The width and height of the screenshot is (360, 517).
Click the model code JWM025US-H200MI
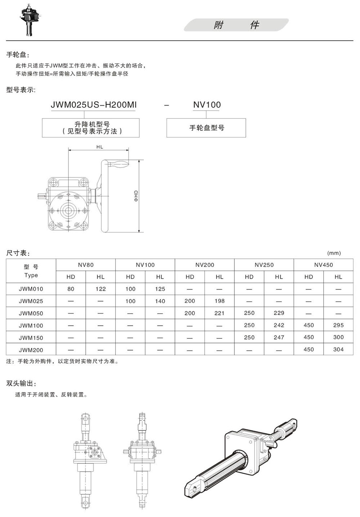tap(94, 105)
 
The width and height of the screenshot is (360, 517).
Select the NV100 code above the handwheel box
tap(207, 105)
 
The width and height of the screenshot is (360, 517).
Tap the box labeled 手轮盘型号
tap(206, 128)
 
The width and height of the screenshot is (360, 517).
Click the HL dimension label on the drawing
tap(100, 147)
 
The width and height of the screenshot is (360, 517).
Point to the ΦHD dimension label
tap(136, 196)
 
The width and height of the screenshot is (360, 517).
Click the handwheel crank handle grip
tap(117, 164)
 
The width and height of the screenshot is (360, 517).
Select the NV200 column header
tap(205, 265)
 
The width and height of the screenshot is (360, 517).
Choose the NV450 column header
tap(324, 265)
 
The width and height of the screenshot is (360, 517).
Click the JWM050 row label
tap(31, 313)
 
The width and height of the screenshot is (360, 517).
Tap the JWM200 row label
tap(31, 350)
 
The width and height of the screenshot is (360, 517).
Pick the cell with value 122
tap(100, 289)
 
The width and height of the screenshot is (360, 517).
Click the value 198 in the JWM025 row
tap(220, 301)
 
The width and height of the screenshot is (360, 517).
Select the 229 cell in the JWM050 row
tap(279, 313)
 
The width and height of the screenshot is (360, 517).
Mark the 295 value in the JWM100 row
tap(338, 325)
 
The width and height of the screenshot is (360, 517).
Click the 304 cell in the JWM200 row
tap(338, 350)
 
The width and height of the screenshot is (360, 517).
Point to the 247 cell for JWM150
tap(279, 337)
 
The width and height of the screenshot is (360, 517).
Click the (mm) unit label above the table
tap(334, 253)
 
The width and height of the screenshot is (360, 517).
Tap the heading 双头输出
tap(21, 383)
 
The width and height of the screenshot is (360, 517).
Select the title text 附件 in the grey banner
tap(236, 25)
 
